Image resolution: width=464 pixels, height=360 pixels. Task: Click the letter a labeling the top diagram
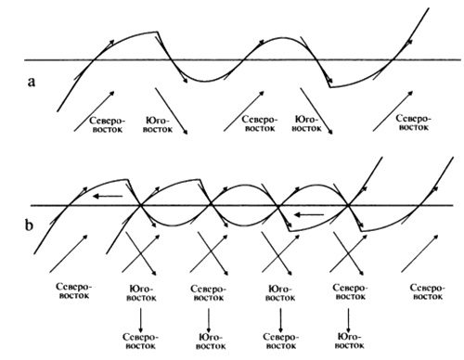(32, 82)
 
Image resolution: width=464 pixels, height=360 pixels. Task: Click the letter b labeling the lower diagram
(29, 225)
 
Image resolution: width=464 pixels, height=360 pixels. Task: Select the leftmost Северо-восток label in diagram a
(108, 125)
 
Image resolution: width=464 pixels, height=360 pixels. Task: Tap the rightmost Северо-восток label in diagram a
(414, 122)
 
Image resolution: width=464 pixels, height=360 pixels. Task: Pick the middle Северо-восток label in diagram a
(260, 123)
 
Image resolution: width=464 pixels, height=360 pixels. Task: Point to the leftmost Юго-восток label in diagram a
(158, 125)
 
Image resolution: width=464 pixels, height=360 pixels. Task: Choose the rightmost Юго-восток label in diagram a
(307, 123)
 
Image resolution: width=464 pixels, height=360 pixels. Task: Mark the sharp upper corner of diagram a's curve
(158, 32)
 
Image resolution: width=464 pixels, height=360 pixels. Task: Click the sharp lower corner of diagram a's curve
(330, 87)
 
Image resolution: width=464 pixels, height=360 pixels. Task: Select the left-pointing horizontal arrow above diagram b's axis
(108, 196)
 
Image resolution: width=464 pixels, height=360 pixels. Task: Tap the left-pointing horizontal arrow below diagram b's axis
(309, 214)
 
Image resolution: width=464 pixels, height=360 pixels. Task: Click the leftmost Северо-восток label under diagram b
(74, 290)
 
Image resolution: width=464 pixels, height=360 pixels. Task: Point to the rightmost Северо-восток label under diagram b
(428, 292)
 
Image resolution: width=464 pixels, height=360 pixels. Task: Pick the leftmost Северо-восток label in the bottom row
(140, 341)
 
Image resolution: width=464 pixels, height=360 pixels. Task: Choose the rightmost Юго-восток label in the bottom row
(349, 341)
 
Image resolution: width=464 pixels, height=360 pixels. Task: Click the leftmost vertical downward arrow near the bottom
(141, 320)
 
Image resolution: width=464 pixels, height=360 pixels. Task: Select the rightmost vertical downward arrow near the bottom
(349, 320)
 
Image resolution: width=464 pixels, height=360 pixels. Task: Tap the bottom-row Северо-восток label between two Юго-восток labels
(281, 341)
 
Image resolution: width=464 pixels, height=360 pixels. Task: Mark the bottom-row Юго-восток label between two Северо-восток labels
(211, 341)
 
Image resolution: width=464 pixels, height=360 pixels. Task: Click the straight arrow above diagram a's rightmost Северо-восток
(393, 110)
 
